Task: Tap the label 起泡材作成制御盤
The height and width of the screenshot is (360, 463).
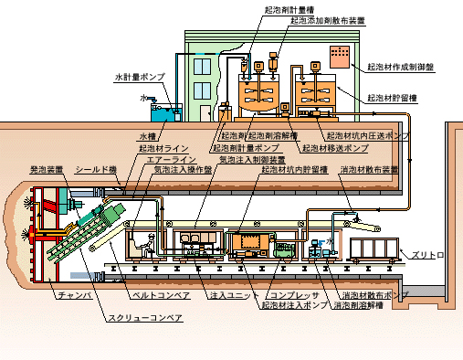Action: pos(400,67)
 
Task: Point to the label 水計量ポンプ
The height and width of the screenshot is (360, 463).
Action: pos(139,78)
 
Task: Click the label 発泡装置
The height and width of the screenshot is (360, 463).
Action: pos(47,169)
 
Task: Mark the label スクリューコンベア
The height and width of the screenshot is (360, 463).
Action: pos(146,317)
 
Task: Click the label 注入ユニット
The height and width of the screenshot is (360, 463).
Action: pos(229,296)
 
